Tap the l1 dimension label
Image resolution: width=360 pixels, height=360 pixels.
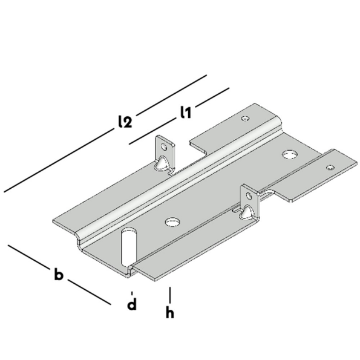(186, 111)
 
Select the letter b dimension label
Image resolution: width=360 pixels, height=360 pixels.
(58, 275)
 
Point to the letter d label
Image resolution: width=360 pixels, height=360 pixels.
(131, 304)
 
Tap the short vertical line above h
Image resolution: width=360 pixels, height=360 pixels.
(171, 293)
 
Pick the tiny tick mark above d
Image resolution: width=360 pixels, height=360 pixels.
(131, 292)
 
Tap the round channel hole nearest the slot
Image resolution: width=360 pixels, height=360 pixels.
(171, 221)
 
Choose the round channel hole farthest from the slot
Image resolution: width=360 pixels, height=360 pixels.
(289, 155)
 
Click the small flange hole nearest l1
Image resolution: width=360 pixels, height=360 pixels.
(244, 118)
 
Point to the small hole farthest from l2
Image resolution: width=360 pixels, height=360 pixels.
(330, 167)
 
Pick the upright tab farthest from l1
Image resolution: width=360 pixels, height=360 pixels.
(249, 202)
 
